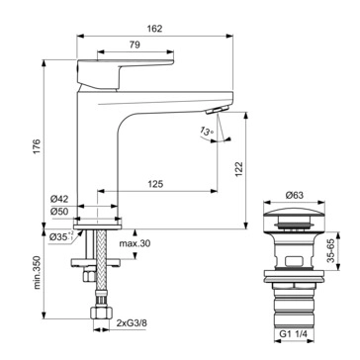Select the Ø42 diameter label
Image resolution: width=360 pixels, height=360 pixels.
click(59, 199)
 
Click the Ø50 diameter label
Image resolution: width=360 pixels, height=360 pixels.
click(59, 212)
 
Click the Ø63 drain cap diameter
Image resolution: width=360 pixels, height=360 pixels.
click(294, 195)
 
